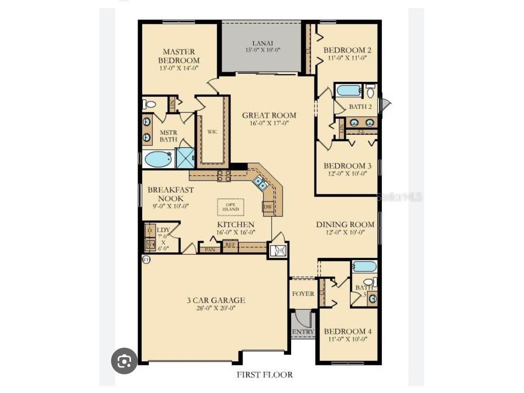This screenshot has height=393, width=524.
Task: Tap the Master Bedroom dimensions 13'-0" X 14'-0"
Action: click(x=179, y=68)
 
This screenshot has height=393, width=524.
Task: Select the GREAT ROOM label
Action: click(x=269, y=115)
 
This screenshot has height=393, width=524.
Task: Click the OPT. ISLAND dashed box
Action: click(x=231, y=207)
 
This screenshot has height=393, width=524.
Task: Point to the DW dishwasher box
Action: click(x=268, y=207)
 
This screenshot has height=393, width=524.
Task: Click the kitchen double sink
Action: click(x=260, y=183)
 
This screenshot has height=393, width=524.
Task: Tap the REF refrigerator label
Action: click(x=230, y=245)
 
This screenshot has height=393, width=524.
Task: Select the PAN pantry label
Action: click(x=209, y=249)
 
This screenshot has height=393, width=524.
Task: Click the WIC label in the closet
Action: click(x=212, y=132)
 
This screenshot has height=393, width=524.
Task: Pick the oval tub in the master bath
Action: click(x=158, y=159)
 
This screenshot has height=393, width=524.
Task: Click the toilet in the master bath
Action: click(x=149, y=104)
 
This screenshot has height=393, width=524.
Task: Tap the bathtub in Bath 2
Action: click(x=349, y=91)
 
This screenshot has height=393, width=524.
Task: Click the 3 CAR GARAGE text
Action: click(x=215, y=300)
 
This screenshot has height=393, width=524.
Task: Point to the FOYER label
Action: click(x=303, y=294)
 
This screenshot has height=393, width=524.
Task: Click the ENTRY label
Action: click(x=303, y=332)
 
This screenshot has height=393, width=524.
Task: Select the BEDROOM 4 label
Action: click(x=348, y=331)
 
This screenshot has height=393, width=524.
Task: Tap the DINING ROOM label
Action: click(x=345, y=224)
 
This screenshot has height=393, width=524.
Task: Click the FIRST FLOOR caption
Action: click(x=265, y=375)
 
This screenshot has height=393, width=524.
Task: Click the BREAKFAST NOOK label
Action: click(x=171, y=193)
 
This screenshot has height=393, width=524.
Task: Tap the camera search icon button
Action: click(x=124, y=361)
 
